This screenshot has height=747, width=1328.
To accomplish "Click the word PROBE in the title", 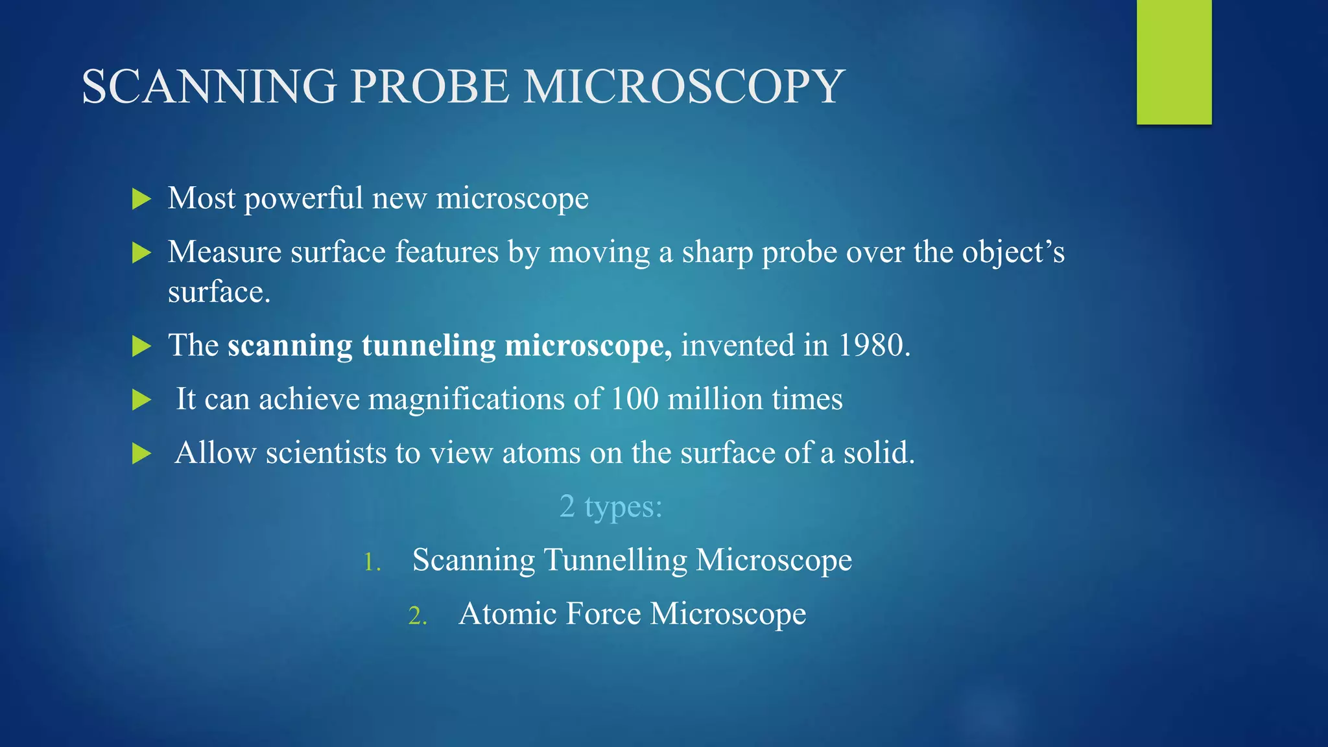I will tap(430, 87).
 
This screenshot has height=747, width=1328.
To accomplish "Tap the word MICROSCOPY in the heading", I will tap(683, 87).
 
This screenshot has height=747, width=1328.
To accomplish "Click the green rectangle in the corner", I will tap(1174, 62).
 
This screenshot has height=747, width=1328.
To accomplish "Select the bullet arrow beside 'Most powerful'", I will tap(141, 199).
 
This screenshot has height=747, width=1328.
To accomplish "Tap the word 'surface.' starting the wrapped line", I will tap(219, 292).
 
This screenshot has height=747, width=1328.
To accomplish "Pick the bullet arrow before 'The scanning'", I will tap(141, 346).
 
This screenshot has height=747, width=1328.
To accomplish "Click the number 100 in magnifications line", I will tap(634, 399).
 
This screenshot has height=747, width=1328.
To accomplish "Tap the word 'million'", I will tap(715, 399).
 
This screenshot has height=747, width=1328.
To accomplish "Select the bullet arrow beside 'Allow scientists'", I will tap(141, 454).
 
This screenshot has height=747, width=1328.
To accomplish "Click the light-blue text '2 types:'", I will tap(611, 506).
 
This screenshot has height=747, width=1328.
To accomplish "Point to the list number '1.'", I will tap(372, 562).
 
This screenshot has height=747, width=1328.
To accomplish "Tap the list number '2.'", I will tap(418, 616).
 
